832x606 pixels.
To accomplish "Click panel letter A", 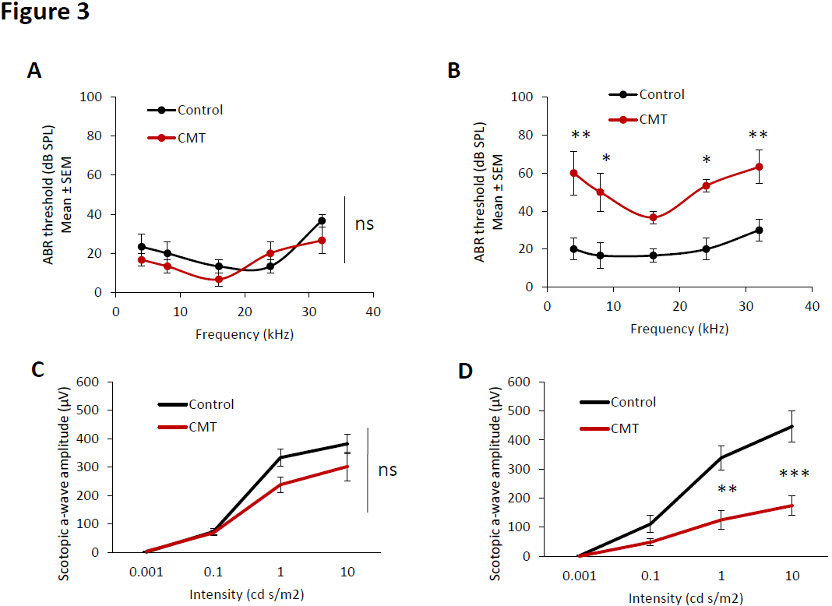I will pos(34,71).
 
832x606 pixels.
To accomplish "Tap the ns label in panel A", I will pos(365,224).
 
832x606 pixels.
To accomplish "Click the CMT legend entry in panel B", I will pos(652,119).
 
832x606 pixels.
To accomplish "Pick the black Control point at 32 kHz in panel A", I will pos(322,221).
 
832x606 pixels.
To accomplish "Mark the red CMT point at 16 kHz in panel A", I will pos(219,279).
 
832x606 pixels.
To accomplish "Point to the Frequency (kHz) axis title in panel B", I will pos(679,328).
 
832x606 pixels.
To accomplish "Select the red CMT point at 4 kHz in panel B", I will pos(573,173).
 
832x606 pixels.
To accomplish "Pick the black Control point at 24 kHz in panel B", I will pos(706,249).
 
